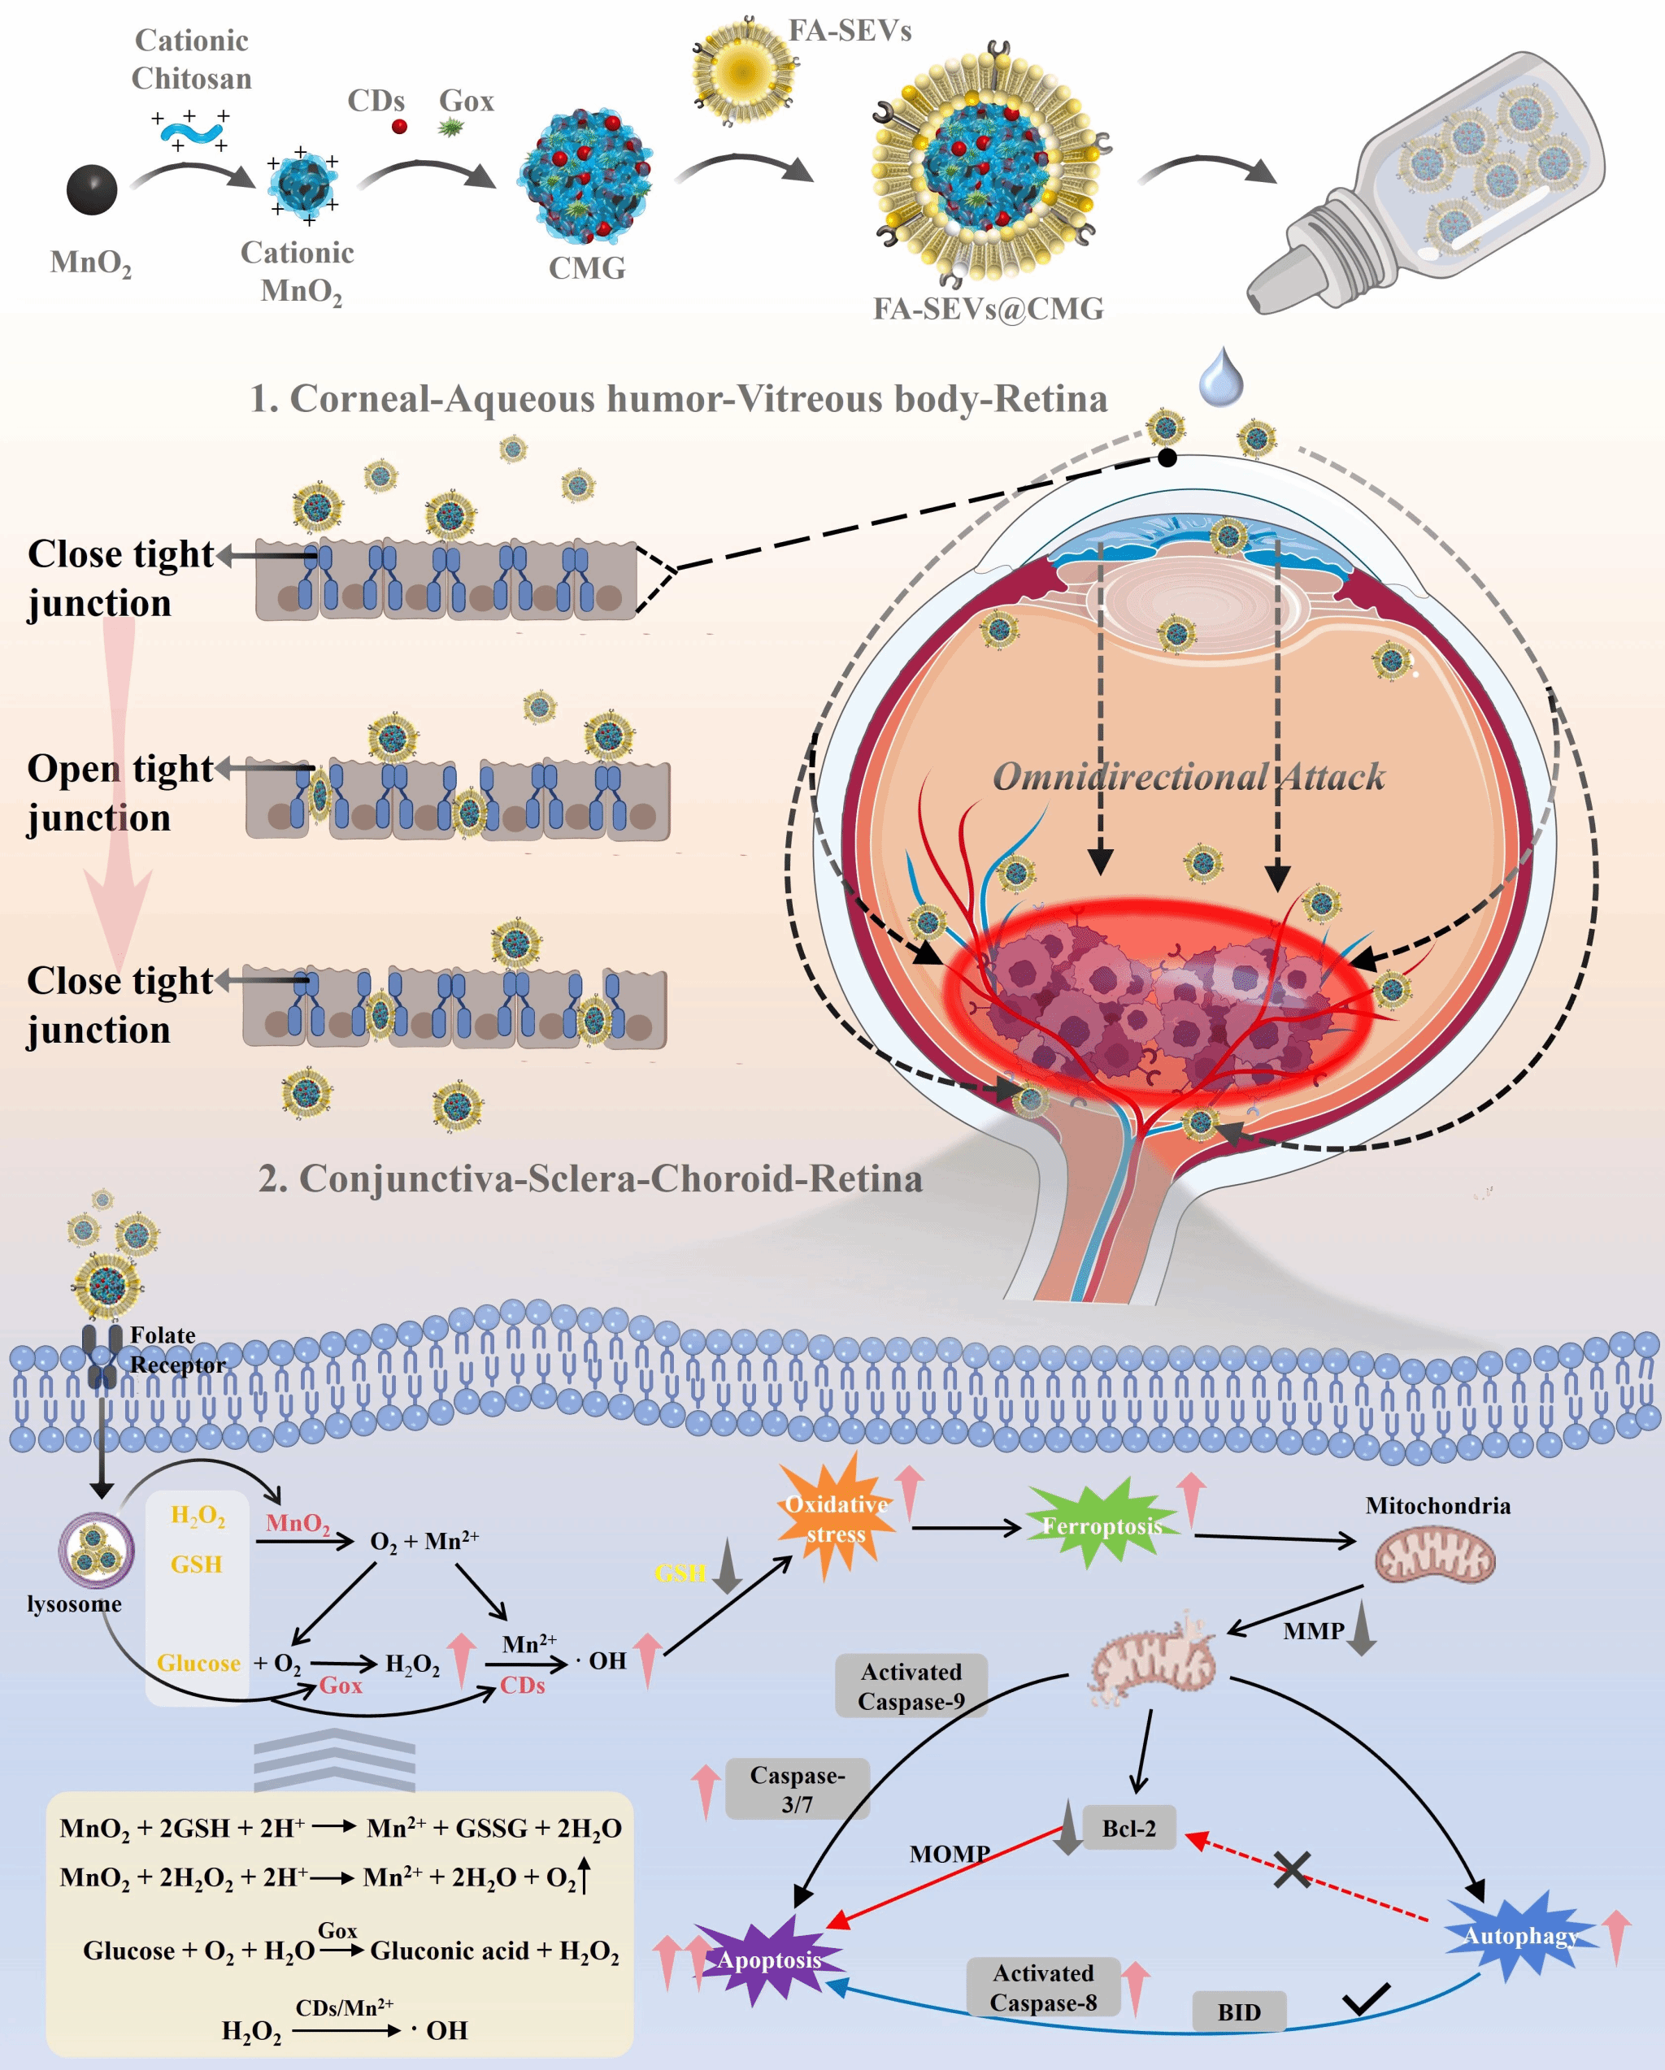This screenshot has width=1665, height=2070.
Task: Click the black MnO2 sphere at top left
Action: click(x=91, y=189)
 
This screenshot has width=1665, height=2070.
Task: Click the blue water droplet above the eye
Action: click(x=1220, y=376)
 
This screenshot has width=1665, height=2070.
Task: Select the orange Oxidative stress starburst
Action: click(x=837, y=1518)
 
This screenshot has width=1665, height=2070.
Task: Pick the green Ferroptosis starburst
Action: click(x=1102, y=1525)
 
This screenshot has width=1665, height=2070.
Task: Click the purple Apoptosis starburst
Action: click(x=768, y=1959)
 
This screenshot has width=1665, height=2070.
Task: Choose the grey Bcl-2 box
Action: click(x=1128, y=1828)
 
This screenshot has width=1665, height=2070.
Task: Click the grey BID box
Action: click(x=1239, y=2011)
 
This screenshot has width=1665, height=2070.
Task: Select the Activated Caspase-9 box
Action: click(x=911, y=1686)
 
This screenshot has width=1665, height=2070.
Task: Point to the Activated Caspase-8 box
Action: click(x=1043, y=1986)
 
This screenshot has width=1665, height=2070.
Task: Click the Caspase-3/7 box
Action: click(x=797, y=1789)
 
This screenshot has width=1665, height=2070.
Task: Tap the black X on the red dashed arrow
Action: click(x=1293, y=1869)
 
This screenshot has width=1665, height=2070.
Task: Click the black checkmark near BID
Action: click(x=1366, y=1999)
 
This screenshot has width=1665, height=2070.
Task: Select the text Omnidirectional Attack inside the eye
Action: click(x=1188, y=777)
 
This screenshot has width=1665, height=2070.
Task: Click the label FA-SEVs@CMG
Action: click(x=988, y=309)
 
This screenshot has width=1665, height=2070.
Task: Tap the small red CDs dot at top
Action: click(x=399, y=126)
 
